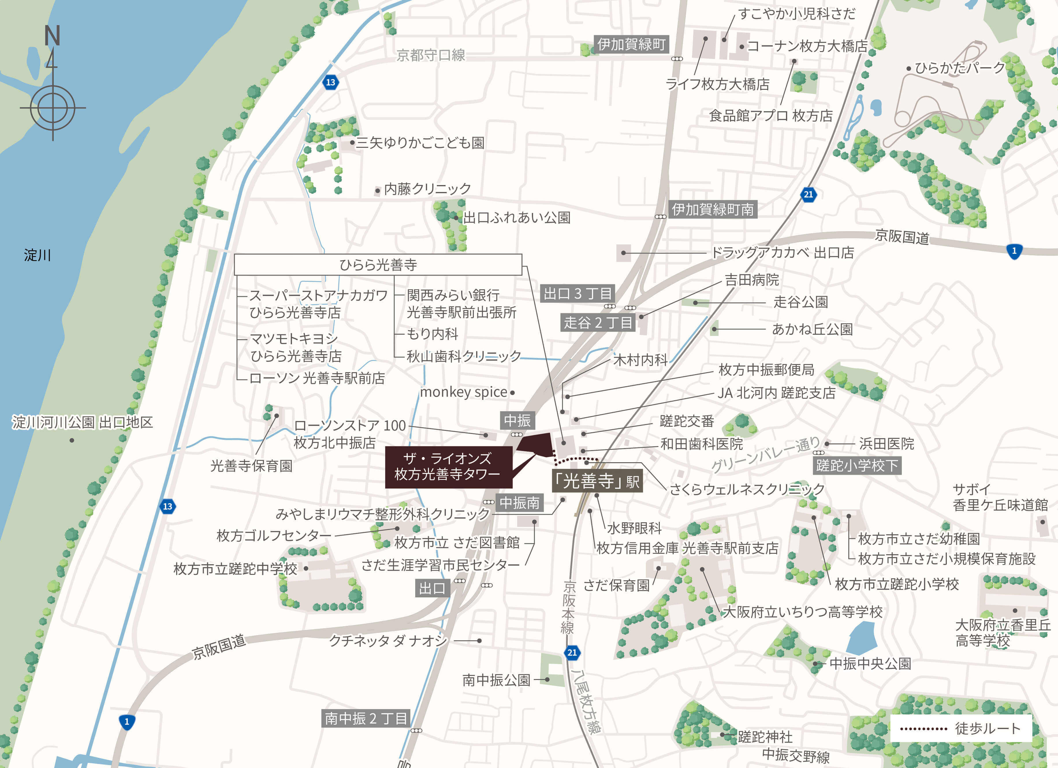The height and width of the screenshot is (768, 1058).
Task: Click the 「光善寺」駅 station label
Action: tap(597, 481)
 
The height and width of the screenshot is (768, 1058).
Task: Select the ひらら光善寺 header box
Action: tap(378, 265)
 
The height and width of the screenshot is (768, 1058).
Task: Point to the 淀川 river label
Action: tap(37, 255)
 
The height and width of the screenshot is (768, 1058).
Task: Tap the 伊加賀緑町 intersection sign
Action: tap(631, 44)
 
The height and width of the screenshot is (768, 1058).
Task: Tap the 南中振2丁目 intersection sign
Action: tap(366, 718)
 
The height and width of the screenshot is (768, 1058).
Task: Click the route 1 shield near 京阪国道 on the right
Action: tap(1014, 251)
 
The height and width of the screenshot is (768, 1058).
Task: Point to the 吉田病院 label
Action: tap(752, 280)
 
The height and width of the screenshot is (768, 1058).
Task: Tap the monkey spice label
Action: tap(464, 392)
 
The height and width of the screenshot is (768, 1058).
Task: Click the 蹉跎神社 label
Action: tap(765, 737)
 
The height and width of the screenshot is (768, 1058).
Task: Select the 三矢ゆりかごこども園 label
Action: tap(420, 143)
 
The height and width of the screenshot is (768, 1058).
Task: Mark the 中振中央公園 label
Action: tap(870, 663)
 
